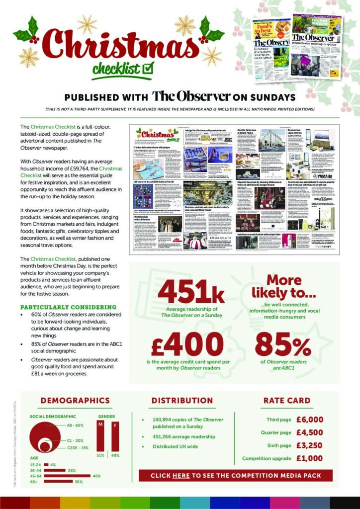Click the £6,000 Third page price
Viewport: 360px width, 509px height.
[309, 420]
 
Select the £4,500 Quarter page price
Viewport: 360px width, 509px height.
[309, 432]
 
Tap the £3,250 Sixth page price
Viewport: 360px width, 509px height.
[309, 445]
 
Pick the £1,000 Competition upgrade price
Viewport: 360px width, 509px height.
[309, 458]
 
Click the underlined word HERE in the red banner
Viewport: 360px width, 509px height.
[181, 476]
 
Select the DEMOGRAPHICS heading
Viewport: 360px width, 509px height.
[75, 401]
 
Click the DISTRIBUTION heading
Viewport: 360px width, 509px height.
[182, 401]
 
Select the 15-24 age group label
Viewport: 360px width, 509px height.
[36, 464]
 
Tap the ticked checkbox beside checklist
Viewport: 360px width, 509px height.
[148, 67]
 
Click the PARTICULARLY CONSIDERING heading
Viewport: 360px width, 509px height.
[68, 307]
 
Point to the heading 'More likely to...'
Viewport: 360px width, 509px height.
[283, 286]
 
